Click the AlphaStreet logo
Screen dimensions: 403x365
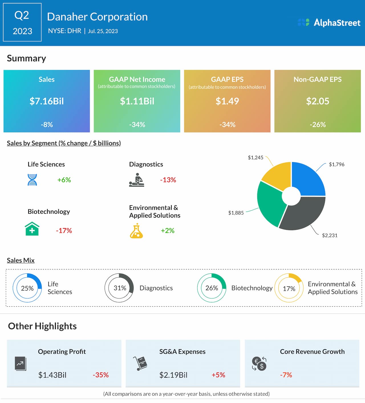pyautogui.click(x=329, y=22)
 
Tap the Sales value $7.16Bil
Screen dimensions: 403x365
pyautogui.click(x=46, y=101)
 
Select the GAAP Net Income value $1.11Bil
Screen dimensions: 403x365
pyautogui.click(x=137, y=101)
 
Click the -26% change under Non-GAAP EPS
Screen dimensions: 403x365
pyautogui.click(x=317, y=124)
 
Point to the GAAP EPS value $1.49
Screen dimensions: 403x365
pyautogui.click(x=227, y=101)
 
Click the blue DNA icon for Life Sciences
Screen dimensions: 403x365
pyautogui.click(x=32, y=180)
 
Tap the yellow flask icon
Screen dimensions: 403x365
pyautogui.click(x=136, y=231)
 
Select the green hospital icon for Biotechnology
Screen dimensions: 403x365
pyautogui.click(x=32, y=229)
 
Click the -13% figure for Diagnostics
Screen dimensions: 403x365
pyautogui.click(x=168, y=180)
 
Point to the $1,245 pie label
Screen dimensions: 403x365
pyautogui.click(x=255, y=157)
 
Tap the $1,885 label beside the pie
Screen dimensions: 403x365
pyautogui.click(x=236, y=213)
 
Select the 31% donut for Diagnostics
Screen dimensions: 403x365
pyautogui.click(x=119, y=288)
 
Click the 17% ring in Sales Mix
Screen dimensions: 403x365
pyautogui.click(x=289, y=288)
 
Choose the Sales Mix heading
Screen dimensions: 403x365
pyautogui.click(x=21, y=260)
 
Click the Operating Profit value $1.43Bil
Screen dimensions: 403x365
pyautogui.click(x=52, y=375)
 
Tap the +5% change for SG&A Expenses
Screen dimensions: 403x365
pyautogui.click(x=218, y=375)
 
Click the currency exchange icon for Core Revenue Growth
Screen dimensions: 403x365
pyautogui.click(x=259, y=364)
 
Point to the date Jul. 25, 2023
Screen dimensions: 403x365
pyautogui.click(x=103, y=31)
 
